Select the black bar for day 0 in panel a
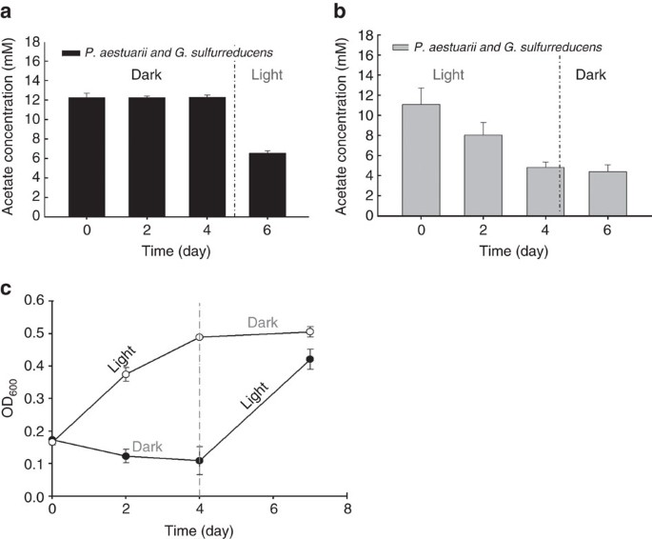point(89,156)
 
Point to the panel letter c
point(7,290)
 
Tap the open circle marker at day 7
point(308,331)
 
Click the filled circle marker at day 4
point(199,460)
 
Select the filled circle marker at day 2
point(126,456)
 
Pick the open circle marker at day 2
point(126,374)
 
